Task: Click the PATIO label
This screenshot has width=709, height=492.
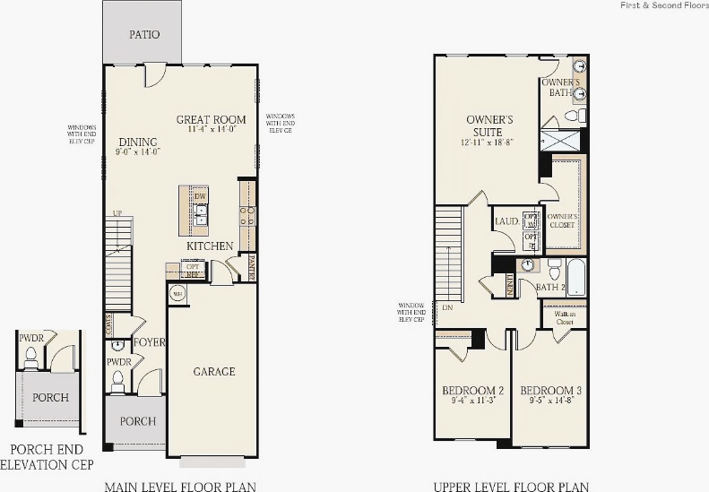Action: click(x=144, y=35)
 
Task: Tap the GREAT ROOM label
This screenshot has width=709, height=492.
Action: click(x=211, y=119)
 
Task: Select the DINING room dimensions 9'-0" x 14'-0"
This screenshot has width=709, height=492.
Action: click(x=136, y=152)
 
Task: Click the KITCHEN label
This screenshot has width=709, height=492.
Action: click(x=210, y=246)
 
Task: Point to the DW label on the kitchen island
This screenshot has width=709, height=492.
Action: click(x=200, y=195)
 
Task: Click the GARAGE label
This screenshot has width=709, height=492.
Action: click(x=214, y=371)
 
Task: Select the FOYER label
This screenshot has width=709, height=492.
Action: click(x=148, y=342)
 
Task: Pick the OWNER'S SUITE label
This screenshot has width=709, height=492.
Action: click(x=489, y=125)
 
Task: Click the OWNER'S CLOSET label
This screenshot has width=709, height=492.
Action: click(x=562, y=220)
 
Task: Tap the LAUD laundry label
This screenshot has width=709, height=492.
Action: click(x=506, y=221)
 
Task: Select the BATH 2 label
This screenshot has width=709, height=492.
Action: click(x=549, y=287)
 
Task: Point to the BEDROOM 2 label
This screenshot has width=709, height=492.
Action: click(x=472, y=391)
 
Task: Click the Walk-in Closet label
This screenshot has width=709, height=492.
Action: click(x=564, y=317)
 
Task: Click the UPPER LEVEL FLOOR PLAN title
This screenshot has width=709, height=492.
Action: click(x=511, y=487)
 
